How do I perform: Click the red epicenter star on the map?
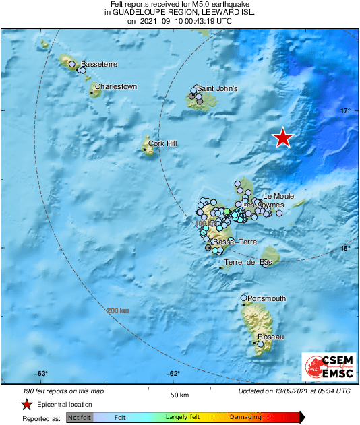(x=282, y=137)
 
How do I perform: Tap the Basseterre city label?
(x=99, y=65)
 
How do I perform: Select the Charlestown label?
(x=116, y=87)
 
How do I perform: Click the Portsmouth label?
(x=267, y=298)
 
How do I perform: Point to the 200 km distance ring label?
(x=117, y=310)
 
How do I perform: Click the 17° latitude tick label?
(x=344, y=111)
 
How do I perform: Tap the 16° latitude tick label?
(x=344, y=249)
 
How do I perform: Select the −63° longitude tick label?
(x=41, y=374)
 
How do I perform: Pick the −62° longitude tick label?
(x=173, y=374)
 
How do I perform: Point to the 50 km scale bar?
(x=178, y=388)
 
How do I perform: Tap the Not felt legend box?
(x=80, y=417)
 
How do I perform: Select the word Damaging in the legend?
(x=245, y=417)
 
